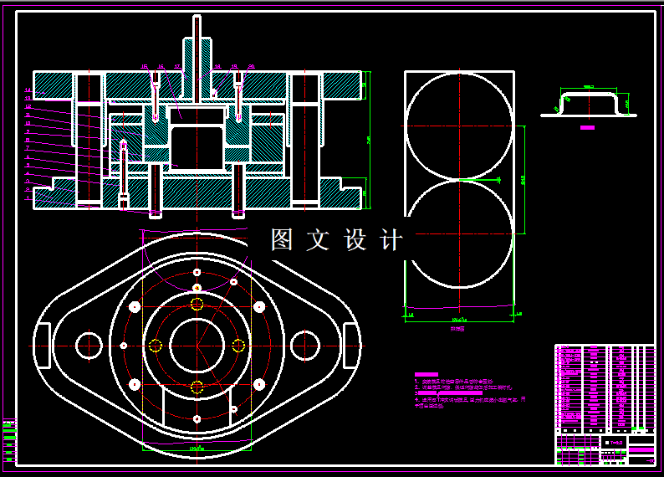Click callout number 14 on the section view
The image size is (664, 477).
click(x=28, y=90)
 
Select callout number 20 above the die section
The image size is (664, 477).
click(x=252, y=66)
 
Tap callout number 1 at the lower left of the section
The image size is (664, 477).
click(x=28, y=198)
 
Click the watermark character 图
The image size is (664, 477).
click(x=282, y=240)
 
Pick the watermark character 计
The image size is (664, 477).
click(x=391, y=240)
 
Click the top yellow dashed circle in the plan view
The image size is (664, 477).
click(x=197, y=304)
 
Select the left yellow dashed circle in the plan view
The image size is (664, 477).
click(x=155, y=345)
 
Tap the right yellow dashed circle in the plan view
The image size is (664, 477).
click(x=238, y=345)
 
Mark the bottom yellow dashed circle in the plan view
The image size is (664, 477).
click(x=197, y=386)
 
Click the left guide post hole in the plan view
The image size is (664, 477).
click(x=88, y=345)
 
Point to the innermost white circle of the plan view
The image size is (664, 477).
click(x=197, y=345)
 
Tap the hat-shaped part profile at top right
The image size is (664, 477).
click(x=589, y=102)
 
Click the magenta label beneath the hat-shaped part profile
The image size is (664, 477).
click(x=588, y=128)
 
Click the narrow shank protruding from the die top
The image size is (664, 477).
click(x=197, y=42)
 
